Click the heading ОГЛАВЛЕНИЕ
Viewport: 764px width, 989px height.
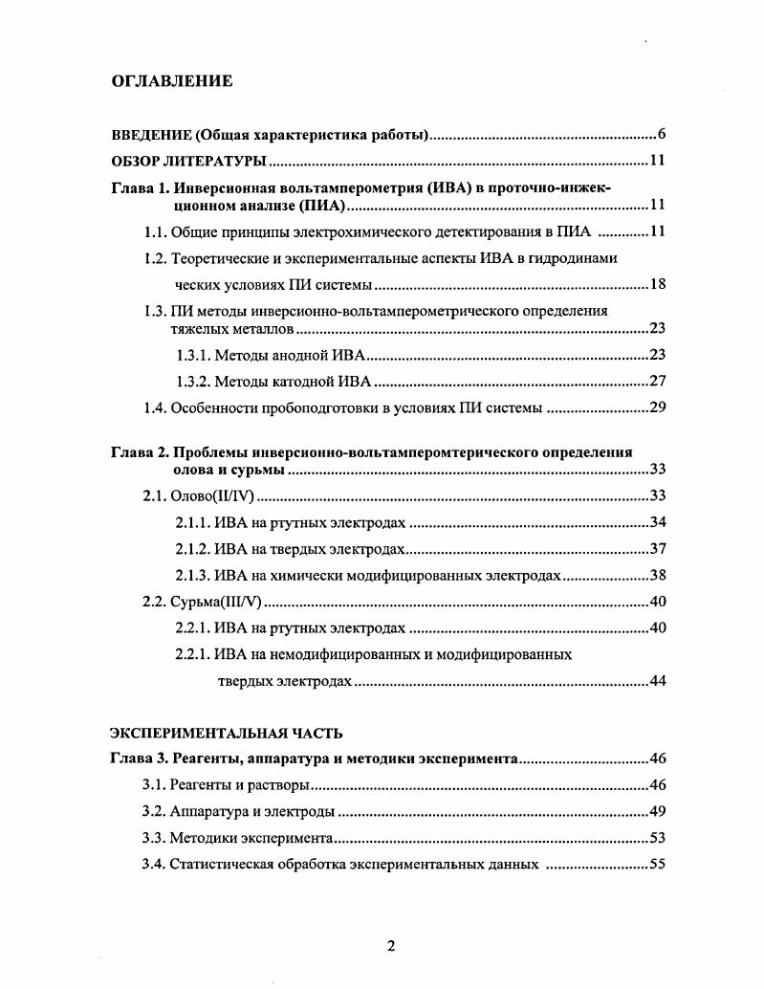pyautogui.click(x=172, y=80)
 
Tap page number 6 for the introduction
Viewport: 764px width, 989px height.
pyautogui.click(x=661, y=133)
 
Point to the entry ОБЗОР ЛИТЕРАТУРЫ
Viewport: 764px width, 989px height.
pyautogui.click(x=188, y=160)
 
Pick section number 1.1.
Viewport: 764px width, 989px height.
pyautogui.click(x=155, y=231)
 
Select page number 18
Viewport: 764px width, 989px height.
pyautogui.click(x=657, y=284)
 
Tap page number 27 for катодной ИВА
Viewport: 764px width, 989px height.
pyautogui.click(x=657, y=382)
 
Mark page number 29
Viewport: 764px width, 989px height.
pyautogui.click(x=657, y=408)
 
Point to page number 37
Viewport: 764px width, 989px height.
pyautogui.click(x=657, y=548)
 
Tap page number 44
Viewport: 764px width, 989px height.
pyautogui.click(x=657, y=681)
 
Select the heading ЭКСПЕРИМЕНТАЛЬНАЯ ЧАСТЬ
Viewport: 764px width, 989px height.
pyautogui.click(x=226, y=733)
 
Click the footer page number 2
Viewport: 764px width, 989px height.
pyautogui.click(x=390, y=946)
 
